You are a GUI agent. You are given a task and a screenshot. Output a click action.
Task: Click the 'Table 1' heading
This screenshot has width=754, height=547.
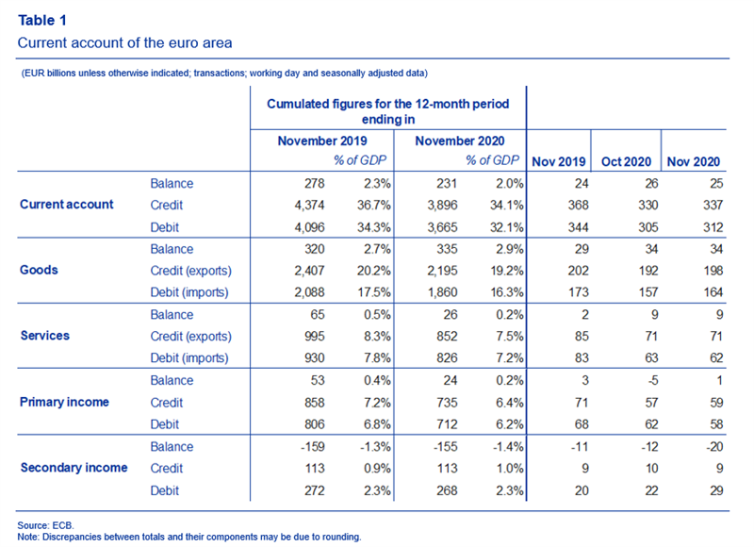[42, 20]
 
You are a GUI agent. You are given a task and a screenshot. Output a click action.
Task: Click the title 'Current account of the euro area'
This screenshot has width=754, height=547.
[125, 42]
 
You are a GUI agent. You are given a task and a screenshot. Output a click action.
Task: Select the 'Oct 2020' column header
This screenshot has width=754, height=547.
[626, 161]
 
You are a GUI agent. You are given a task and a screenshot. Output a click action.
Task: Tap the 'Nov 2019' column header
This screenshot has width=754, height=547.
[559, 161]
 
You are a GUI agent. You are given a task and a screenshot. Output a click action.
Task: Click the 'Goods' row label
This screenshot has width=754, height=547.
[39, 270]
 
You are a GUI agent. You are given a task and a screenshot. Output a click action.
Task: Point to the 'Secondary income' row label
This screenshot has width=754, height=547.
[74, 468]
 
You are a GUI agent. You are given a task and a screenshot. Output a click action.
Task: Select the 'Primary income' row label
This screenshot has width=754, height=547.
[64, 402]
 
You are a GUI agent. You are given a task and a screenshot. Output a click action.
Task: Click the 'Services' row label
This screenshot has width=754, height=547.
[44, 336]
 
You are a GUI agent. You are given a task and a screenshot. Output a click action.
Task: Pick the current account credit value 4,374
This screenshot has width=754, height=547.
[310, 206]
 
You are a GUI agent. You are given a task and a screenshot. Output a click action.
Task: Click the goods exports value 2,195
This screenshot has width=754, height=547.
[442, 271]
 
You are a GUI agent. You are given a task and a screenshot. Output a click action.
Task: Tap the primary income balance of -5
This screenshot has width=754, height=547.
[652, 381]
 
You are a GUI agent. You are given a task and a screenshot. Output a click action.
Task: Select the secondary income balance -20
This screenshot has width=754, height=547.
[714, 447]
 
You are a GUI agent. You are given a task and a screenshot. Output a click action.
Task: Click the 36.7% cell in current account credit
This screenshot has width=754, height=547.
[373, 206]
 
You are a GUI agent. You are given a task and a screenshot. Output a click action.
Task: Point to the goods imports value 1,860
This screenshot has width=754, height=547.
[442, 292]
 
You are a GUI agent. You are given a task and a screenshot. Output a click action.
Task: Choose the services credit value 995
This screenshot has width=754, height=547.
[315, 337]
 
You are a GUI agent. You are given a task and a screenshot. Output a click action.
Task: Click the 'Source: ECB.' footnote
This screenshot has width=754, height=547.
[45, 525]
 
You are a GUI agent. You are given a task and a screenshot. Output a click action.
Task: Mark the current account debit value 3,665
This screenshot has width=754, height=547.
[442, 227]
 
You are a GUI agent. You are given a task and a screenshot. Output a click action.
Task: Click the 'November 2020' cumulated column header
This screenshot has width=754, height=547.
[460, 141]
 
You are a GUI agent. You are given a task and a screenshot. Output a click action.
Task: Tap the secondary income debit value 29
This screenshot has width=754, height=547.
[716, 490]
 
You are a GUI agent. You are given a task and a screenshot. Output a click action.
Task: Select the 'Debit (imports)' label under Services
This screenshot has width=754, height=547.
[189, 358]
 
